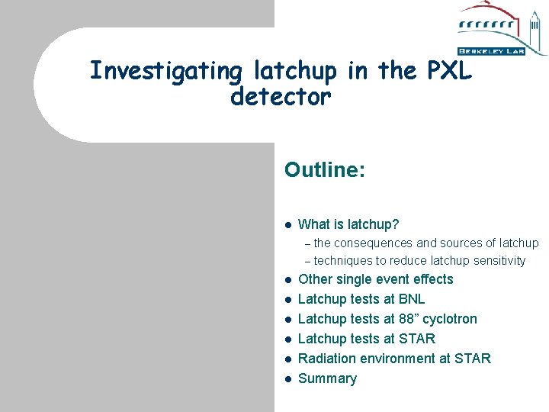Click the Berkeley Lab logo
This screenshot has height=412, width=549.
coord(501,30)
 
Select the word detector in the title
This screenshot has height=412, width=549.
coord(280,97)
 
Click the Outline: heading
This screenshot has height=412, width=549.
coord(325,169)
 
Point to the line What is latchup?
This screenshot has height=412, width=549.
coord(348,224)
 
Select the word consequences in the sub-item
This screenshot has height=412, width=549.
coord(373,243)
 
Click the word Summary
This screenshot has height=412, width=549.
coord(327,378)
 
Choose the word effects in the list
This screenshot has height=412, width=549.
coord(431,279)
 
